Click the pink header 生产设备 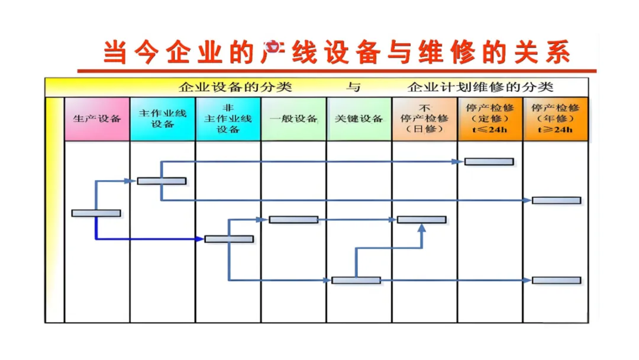coord(97,118)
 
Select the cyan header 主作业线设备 coord(163,118)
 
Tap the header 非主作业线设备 coord(228,118)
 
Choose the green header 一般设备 coord(293,118)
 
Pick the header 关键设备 coord(359,118)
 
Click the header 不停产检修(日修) coord(424,118)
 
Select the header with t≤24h coord(490,118)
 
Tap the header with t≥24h coord(556,118)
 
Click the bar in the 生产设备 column coord(96,213)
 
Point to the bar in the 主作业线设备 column coord(162,181)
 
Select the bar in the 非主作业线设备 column coord(229,239)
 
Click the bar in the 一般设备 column coord(293,220)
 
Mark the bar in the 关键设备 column coord(356,280)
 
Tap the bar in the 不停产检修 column coord(421,220)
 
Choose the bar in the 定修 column coord(489,162)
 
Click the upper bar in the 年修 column coord(556,200)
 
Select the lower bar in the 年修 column coord(556,280)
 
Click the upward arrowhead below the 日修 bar coord(421,229)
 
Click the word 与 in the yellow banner coord(353,88)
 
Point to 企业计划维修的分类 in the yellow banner coord(480,88)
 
